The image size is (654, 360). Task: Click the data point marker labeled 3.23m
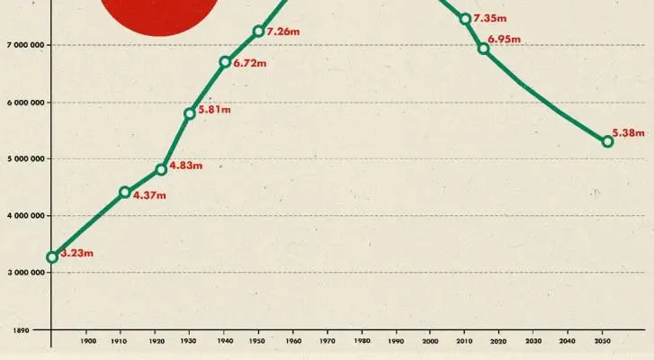52,256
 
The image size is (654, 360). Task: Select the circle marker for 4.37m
125,192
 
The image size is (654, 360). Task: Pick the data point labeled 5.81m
190,113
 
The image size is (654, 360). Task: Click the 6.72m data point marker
225,62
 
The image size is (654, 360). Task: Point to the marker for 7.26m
258,31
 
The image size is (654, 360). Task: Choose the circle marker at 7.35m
465,19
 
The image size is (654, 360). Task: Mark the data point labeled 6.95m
483,49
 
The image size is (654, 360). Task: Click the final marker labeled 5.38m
607,141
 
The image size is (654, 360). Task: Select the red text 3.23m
76,253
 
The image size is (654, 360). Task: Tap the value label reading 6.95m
506,40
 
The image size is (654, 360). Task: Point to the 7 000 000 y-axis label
24,44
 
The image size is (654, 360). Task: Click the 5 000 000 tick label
24,158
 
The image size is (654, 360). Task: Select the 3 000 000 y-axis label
24,273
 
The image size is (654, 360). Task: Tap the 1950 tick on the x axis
258,341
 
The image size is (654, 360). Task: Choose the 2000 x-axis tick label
430,341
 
